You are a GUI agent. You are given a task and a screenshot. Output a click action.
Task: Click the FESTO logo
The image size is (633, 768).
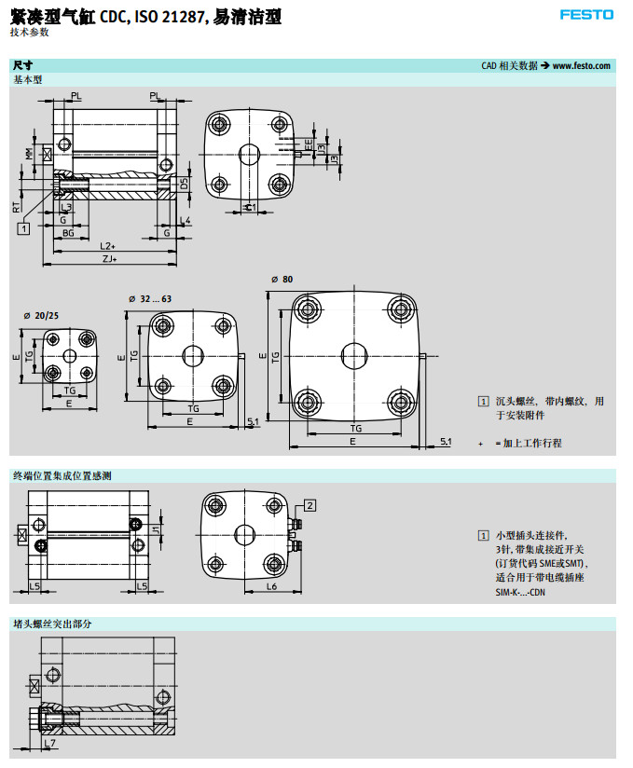tap(587, 14)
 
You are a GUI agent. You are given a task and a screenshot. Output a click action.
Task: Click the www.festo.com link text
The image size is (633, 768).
tap(581, 66)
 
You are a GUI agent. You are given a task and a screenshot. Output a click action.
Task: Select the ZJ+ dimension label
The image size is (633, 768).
tap(109, 260)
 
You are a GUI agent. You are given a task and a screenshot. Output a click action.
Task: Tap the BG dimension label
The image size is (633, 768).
tap(68, 232)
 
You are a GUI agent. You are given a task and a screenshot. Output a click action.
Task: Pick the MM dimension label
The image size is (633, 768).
tap(29, 154)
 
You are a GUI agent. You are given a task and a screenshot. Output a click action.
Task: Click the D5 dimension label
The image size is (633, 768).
tap(185, 185)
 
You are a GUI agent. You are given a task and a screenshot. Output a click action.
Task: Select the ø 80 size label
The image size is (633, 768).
tap(282, 280)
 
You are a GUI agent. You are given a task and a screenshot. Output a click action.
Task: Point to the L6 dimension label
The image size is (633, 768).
tap(272, 586)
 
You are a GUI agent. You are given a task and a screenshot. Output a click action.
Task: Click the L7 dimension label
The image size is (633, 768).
tap(51, 743)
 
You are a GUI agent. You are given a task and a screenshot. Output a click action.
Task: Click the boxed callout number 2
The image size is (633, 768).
tap(310, 505)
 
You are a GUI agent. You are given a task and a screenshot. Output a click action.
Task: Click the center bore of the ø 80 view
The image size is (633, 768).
tap(355, 355)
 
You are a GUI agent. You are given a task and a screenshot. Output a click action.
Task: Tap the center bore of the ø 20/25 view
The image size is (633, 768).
tap(70, 356)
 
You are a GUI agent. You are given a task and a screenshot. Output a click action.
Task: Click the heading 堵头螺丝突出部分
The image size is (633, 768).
tap(52, 623)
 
